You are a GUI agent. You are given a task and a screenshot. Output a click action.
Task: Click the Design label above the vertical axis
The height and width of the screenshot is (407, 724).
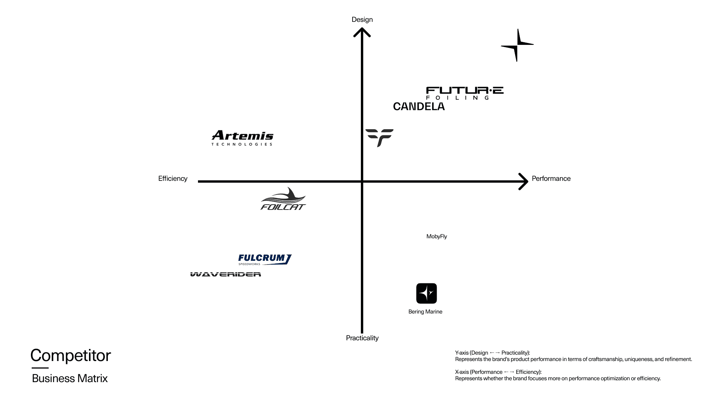point(362,20)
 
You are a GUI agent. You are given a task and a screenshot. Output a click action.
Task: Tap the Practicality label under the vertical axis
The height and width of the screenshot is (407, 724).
point(362,338)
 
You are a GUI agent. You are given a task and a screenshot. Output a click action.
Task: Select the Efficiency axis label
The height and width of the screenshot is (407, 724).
point(173,179)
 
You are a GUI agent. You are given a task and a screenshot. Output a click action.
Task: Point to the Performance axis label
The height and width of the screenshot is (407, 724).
point(551,179)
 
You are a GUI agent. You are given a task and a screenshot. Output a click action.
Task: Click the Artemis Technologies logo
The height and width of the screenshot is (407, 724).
point(242,138)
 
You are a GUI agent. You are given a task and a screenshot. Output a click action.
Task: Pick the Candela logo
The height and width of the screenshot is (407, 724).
point(419,107)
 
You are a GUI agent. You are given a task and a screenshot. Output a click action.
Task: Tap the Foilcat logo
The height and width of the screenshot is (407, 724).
point(283,199)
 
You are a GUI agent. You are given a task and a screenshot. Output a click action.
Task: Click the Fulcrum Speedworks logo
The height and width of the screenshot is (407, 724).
point(265,259)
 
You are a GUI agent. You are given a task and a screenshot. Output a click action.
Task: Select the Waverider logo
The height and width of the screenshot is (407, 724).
point(225,274)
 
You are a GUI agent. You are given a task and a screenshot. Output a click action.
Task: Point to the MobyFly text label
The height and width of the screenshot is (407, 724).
point(437,237)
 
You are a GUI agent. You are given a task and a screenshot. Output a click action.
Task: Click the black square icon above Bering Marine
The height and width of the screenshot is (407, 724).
point(426,293)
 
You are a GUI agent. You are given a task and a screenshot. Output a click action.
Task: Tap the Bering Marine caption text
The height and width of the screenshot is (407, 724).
point(425,312)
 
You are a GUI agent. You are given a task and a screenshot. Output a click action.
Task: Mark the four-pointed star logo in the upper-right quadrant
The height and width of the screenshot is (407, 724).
point(517,45)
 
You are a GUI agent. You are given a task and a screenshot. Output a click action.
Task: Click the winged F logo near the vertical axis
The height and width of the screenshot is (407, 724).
point(379,137)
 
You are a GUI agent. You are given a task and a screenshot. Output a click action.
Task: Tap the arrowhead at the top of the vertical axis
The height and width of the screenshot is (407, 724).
point(362,32)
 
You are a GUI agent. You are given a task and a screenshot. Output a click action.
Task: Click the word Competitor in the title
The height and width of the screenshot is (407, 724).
point(71,355)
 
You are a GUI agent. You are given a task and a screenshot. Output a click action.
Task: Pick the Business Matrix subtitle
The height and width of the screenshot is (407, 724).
point(70,378)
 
